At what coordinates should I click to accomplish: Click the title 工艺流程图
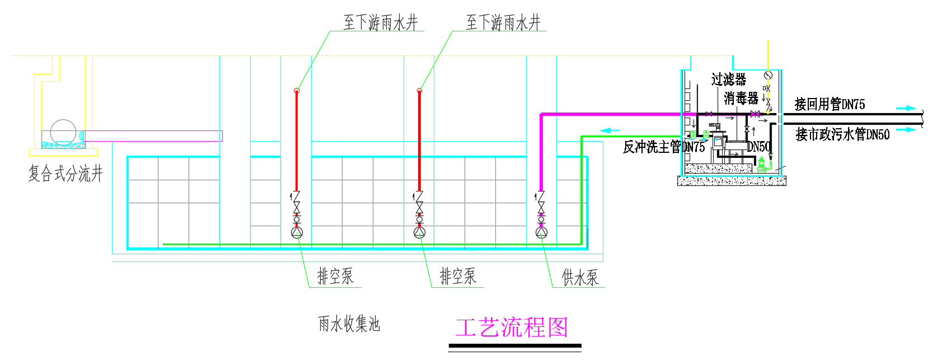[512, 328]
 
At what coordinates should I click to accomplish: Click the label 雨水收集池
[349, 324]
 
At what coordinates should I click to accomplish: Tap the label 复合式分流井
[65, 174]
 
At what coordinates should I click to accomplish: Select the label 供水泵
[580, 277]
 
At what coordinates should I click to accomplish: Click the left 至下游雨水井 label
[381, 23]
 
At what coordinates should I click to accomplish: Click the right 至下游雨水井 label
[503, 23]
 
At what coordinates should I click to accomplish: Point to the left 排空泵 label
[335, 276]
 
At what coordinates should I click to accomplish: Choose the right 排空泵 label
[458, 276]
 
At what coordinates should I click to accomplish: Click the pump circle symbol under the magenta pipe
[541, 232]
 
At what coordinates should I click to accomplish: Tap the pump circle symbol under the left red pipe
[297, 232]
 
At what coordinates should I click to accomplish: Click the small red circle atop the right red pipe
[419, 91]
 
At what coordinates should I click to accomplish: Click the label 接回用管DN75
[830, 104]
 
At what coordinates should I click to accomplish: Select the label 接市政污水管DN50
[842, 134]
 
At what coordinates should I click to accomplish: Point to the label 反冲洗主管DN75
[664, 147]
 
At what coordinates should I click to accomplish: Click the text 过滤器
[729, 80]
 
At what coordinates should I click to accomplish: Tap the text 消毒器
[741, 99]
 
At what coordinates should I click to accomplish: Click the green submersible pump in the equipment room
[761, 165]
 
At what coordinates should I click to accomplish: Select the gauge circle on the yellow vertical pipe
[768, 75]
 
